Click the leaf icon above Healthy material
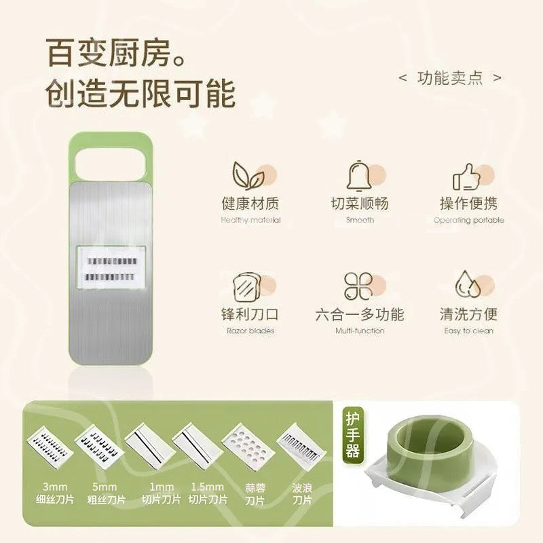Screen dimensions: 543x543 (248, 175)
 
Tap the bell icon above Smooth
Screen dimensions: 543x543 (359, 176)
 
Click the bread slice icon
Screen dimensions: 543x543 (246, 286)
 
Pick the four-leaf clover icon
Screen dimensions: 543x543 (358, 286)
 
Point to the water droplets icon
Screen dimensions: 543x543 (468, 284)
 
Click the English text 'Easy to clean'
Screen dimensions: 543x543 (468, 331)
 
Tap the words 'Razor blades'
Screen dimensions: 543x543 (250, 331)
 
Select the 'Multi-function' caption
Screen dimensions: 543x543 (360, 331)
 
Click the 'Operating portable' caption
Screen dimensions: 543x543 (468, 220)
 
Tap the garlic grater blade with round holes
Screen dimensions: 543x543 (248, 446)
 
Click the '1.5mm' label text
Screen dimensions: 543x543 (208, 487)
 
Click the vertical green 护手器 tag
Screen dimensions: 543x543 (352, 435)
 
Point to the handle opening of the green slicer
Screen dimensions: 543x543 (110, 164)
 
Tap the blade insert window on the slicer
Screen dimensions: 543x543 (111, 267)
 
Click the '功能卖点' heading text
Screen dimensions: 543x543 (450, 78)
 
